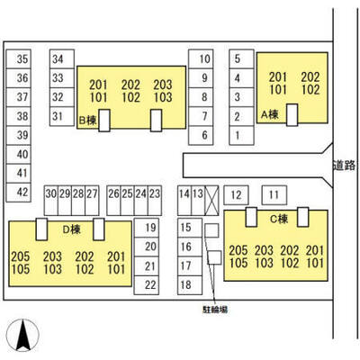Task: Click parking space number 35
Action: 19,59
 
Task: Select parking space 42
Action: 19,192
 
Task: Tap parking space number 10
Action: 201,59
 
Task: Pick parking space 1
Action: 241,136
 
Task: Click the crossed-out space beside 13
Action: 211,201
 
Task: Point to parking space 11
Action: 274,195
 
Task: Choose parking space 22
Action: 147,285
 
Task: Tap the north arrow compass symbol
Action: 23,335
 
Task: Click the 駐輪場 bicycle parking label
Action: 215,310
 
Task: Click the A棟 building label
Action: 270,114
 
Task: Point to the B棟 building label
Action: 87,121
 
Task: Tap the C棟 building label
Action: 279,219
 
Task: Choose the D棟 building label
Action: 71,229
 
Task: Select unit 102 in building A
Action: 310,90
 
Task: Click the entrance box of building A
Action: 292,115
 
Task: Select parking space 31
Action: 62,116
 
